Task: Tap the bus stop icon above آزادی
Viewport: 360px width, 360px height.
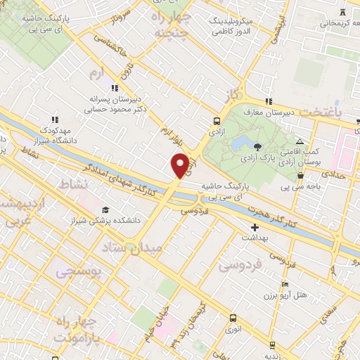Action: click(216, 120)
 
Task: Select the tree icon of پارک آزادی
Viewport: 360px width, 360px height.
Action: click(258, 146)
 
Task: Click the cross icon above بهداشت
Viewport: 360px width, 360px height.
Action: click(255, 227)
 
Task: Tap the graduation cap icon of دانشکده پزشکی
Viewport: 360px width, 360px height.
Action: click(105, 210)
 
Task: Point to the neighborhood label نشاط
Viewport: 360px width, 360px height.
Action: click(76, 183)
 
